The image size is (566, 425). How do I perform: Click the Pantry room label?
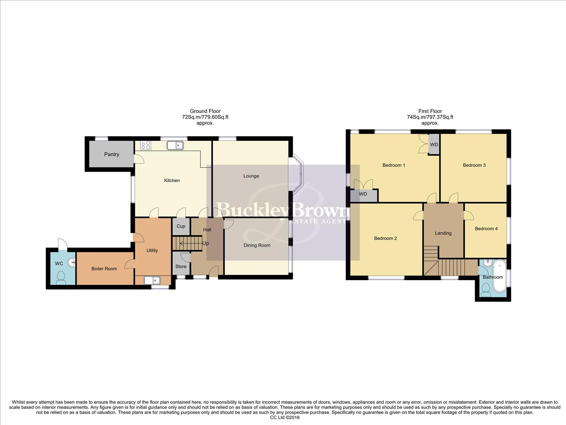[112, 154]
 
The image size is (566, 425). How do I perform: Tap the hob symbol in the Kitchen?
[145, 145]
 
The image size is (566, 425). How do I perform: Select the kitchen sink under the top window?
[175, 146]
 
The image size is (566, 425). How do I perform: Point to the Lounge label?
[251, 176]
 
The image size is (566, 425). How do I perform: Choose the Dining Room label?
[257, 245]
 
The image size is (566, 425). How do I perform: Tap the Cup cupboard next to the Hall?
[181, 226]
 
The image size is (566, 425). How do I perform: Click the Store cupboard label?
[181, 266]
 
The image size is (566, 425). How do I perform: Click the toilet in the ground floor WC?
[61, 277]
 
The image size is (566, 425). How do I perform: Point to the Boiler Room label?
[104, 269]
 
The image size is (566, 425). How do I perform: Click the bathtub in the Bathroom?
[500, 275]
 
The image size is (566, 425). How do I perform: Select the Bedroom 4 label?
[486, 229]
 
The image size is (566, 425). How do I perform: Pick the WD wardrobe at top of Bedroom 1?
[434, 145]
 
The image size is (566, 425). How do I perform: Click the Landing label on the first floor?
[443, 233]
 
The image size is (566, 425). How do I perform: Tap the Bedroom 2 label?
[385, 238]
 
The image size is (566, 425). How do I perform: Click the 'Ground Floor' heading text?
[205, 111]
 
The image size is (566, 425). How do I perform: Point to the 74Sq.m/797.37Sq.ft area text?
[430, 117]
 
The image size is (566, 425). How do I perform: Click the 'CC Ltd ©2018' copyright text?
[285, 418]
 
